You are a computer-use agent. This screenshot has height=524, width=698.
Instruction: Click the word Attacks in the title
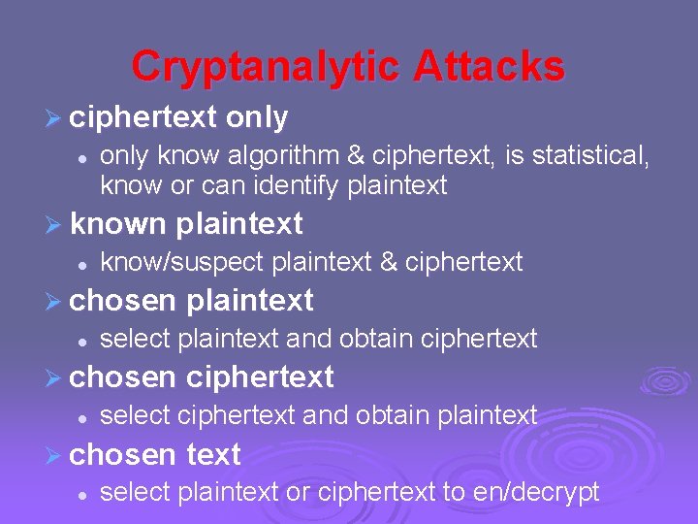coord(490,67)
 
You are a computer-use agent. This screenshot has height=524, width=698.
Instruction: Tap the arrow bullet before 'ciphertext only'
coord(54,118)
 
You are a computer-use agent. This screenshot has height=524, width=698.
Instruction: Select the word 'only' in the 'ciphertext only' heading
coord(257,117)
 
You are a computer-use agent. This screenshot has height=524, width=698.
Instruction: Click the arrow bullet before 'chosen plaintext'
coord(54,302)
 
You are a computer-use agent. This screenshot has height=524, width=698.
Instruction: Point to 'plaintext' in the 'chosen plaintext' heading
coord(249,301)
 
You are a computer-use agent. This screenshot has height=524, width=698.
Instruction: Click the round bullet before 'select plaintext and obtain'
coord(84,340)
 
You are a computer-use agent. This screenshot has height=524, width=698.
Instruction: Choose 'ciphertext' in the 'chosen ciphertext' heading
coord(259,377)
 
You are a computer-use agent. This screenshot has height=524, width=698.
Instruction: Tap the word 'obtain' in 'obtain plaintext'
coord(394,415)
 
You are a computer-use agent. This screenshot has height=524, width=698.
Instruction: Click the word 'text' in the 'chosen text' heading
coord(212,453)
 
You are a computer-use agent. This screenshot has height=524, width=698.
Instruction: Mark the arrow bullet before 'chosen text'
coord(54,455)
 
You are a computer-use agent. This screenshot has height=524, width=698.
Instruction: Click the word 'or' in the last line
coord(298,492)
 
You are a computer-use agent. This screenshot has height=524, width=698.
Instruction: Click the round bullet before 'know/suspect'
coord(84,263)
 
